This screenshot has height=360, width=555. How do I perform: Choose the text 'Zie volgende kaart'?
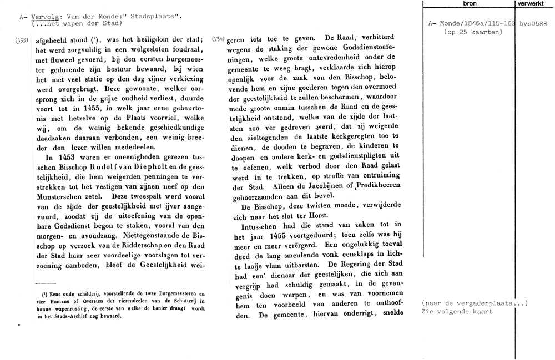[457, 312]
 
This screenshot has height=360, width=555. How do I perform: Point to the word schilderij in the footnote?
[76, 295]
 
